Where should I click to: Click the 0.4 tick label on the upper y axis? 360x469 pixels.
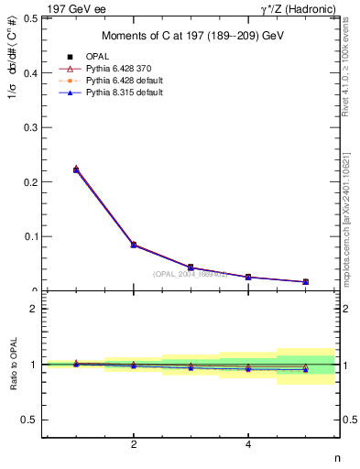[30, 72]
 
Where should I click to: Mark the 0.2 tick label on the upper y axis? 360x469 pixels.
[30, 181]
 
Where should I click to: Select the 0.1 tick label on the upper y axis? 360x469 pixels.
[30, 236]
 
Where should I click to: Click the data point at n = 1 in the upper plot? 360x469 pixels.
[76, 169]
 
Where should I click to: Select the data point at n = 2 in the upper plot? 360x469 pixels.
[134, 245]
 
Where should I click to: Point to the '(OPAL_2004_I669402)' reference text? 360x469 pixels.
[191, 272]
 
